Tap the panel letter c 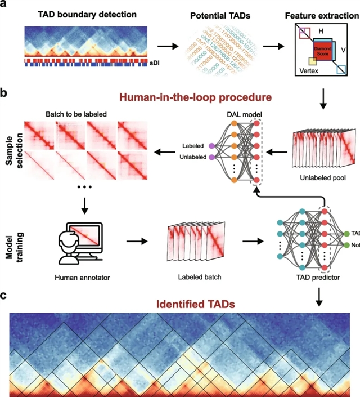6,295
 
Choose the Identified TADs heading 180,304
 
